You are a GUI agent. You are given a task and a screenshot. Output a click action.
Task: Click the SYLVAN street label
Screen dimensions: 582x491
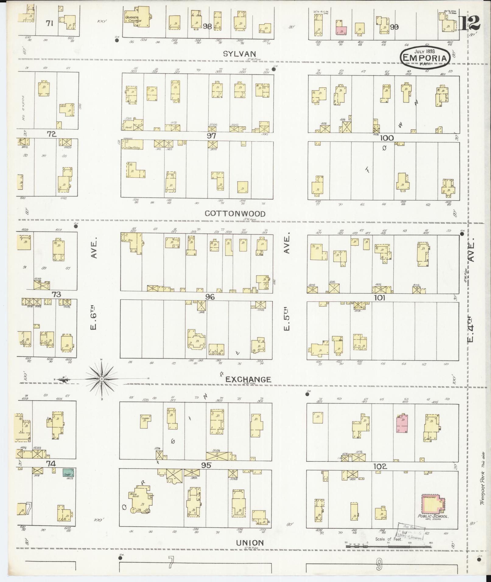[x=239, y=54]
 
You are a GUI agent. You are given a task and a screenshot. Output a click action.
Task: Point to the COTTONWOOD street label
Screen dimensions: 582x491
[x=235, y=214]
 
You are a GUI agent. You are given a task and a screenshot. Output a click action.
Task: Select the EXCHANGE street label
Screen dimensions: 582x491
[x=248, y=379]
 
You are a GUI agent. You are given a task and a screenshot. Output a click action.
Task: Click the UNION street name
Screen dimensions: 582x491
[x=250, y=542]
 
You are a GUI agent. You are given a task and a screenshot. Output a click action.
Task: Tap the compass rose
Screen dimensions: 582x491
[x=102, y=379]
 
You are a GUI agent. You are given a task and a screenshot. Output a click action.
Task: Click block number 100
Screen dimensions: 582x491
[x=387, y=138]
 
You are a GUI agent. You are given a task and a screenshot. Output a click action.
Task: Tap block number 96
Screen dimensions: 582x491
[x=210, y=297]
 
